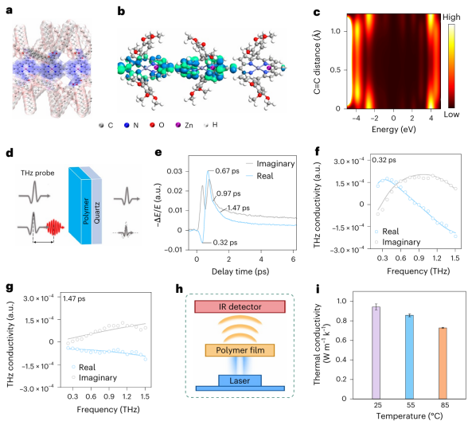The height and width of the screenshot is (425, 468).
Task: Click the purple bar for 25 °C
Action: pyautogui.click(x=376, y=353)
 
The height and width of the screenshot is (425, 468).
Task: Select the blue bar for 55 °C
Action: pyautogui.click(x=409, y=357)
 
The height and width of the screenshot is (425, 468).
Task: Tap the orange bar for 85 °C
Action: pyautogui.click(x=443, y=363)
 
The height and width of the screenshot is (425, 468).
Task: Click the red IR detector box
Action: pyautogui.click(x=240, y=306)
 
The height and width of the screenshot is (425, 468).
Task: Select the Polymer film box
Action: pyautogui.click(x=240, y=350)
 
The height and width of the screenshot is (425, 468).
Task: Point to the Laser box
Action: pyautogui.click(x=240, y=380)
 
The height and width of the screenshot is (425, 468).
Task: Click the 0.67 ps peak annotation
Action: pyautogui.click(x=227, y=171)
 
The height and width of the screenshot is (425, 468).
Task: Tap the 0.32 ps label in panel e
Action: pyautogui.click(x=225, y=242)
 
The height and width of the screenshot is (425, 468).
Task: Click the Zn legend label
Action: pyautogui.click(x=189, y=125)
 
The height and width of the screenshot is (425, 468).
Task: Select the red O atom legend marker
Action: pyautogui.click(x=153, y=125)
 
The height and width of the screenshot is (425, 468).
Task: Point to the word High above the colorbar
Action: pyautogui.click(x=451, y=18)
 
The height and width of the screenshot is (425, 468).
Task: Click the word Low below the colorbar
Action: pyautogui.click(x=451, y=115)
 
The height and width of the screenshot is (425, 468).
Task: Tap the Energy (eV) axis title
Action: pyautogui.click(x=394, y=130)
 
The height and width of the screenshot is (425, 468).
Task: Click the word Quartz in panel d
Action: pyautogui.click(x=97, y=212)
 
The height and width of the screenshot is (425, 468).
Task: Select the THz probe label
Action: pyautogui.click(x=37, y=174)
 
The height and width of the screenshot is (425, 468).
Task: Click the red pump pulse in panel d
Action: pyautogui.click(x=55, y=228)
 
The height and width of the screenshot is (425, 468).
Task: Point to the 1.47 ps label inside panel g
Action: pyautogui.click(x=74, y=298)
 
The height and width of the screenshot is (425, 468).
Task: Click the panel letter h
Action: pyautogui.click(x=179, y=289)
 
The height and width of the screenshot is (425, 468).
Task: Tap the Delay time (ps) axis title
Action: pyautogui.click(x=240, y=271)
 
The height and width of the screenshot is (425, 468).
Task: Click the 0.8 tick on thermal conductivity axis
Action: pyautogui.click(x=341, y=321)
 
